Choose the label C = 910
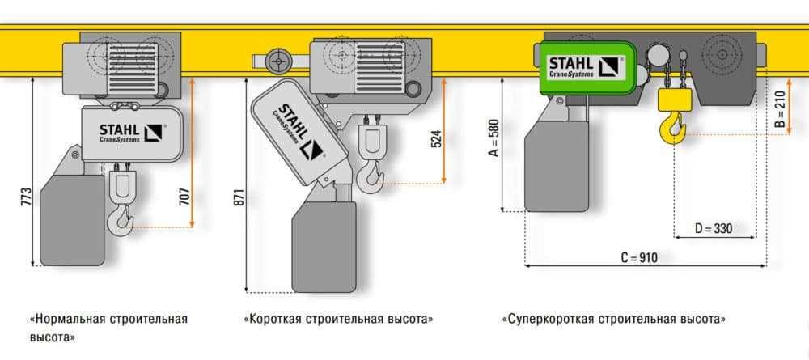pyautogui.click(x=639, y=258)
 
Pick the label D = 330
pyautogui.click(x=713, y=229)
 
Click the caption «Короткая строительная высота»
pyautogui.click(x=338, y=319)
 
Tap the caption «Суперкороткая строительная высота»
pyautogui.click(x=613, y=319)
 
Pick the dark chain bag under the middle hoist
pyautogui.click(x=324, y=247)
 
